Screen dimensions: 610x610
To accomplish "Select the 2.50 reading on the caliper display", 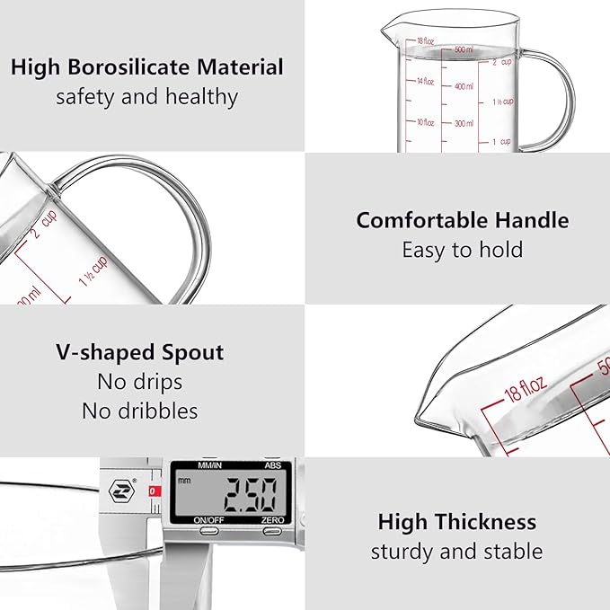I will coord(254,493).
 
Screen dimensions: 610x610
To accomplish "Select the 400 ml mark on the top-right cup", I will coord(463,86).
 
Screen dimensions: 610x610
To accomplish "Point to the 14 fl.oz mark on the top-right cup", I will coord(425,82).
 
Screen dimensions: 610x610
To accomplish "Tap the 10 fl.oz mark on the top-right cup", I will coord(425,122).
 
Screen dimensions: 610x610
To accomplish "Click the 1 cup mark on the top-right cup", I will coord(501,142).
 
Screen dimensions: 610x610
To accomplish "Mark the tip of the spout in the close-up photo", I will coord(419,420).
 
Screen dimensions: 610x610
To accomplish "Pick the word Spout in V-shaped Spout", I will coord(191,352).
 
